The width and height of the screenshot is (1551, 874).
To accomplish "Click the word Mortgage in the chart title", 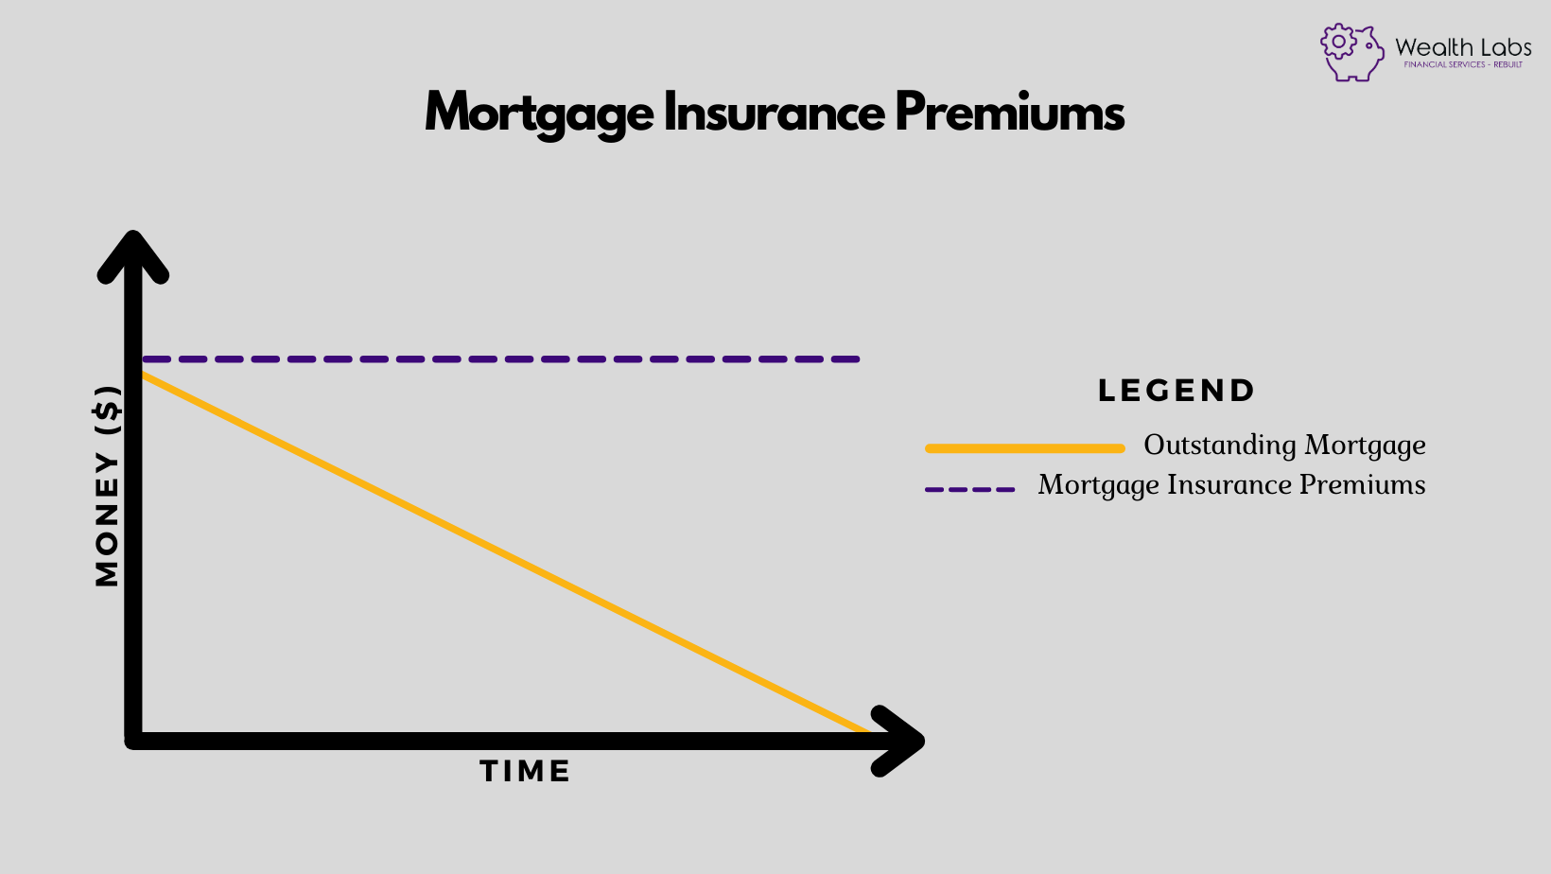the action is [539, 114].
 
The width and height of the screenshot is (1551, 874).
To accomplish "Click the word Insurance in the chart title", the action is [774, 113].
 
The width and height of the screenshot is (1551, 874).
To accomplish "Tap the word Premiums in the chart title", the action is [1009, 113].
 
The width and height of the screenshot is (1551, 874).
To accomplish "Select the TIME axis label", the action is [525, 772].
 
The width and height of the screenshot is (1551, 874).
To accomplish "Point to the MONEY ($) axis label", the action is [108, 486].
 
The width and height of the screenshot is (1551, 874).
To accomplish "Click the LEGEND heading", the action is [1176, 391].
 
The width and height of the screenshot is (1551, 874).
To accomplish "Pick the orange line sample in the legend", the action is [1024, 448].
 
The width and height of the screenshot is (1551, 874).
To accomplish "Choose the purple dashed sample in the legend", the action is [969, 490].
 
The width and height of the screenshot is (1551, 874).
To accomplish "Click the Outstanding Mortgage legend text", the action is [1284, 446].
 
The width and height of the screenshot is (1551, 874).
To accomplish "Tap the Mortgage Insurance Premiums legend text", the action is [1231, 485].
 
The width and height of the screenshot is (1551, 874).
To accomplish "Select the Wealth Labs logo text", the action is [1462, 46].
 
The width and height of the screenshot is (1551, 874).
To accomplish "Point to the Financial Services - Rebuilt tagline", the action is [1462, 65].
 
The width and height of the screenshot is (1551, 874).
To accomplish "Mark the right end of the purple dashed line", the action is [855, 359].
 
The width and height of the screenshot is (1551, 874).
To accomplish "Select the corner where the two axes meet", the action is [133, 741].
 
